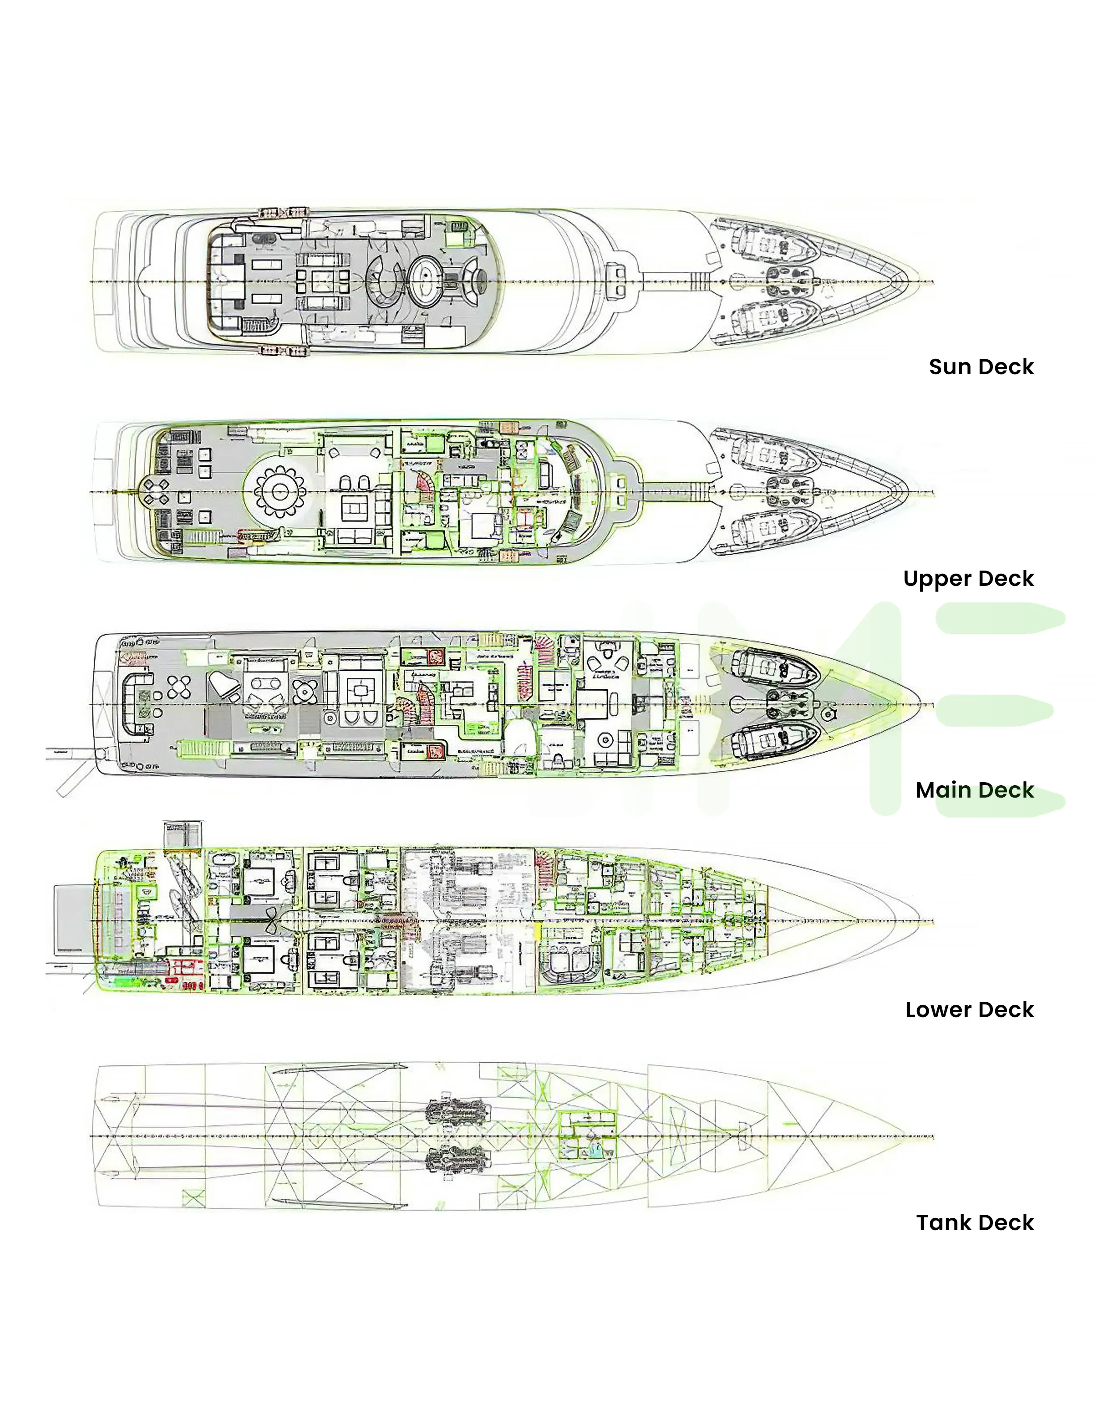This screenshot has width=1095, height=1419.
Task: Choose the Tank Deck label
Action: (x=974, y=1222)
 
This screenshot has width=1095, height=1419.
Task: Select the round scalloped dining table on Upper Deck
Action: (x=280, y=492)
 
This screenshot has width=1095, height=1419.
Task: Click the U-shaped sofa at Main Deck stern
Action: (x=138, y=705)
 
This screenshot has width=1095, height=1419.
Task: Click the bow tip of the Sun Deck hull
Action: (x=917, y=281)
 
